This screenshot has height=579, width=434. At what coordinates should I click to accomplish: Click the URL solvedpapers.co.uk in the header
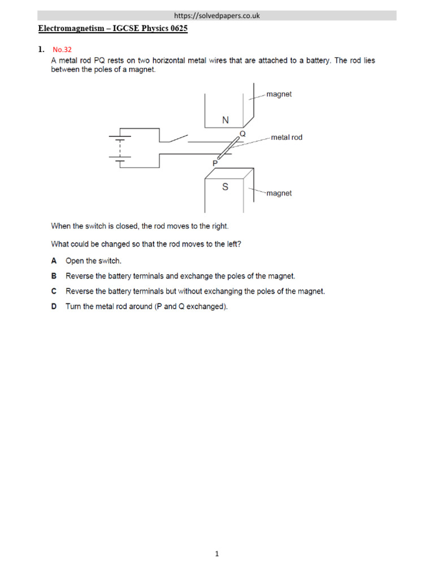217,16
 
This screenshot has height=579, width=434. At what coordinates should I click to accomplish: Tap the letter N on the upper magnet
225,120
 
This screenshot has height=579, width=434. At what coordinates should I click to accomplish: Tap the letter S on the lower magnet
225,187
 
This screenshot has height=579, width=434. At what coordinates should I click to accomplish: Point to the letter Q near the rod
243,134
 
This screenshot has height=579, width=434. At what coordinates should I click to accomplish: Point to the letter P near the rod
215,162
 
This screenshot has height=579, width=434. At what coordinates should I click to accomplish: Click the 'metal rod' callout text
287,137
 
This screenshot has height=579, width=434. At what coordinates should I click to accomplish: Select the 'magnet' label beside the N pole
279,94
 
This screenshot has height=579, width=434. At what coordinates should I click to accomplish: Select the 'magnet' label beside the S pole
279,193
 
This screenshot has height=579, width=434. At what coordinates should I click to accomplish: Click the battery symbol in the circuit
119,148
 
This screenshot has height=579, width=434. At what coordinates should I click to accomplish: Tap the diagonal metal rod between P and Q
228,149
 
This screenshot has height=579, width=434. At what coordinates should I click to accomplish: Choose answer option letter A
54,261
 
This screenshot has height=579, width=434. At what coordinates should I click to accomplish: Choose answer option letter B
54,276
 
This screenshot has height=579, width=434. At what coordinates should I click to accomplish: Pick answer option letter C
54,292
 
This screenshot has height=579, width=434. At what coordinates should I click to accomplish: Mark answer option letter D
54,307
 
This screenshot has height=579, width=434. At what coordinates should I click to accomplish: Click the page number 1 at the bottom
216,555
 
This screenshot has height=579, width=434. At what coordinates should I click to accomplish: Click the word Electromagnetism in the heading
67,29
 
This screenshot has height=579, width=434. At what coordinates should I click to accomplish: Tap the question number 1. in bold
41,50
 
